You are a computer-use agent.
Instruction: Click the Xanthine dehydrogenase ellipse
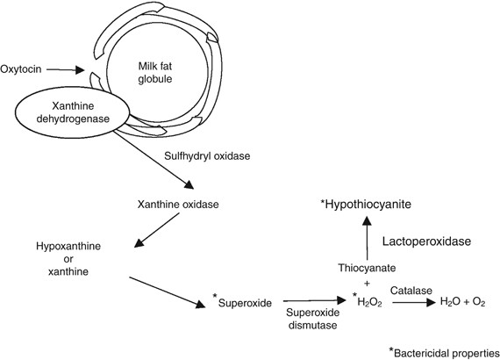pos(69,122)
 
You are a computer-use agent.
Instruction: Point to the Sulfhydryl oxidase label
pos(207,156)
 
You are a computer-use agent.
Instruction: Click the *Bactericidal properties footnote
pos(443,350)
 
